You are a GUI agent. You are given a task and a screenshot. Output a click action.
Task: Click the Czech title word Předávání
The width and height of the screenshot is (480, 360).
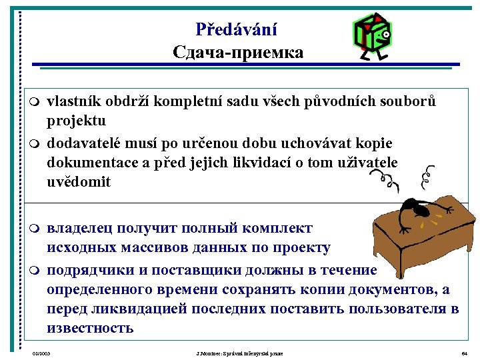click(237, 29)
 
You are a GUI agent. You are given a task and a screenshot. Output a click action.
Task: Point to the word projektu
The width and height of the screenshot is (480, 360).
click(76, 121)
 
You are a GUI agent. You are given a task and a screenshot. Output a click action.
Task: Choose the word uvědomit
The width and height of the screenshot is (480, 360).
click(79, 181)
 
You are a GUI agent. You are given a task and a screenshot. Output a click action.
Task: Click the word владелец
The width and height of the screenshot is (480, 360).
click(80, 228)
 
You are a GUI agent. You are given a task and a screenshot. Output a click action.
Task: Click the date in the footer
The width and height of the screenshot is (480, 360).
click(41, 352)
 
